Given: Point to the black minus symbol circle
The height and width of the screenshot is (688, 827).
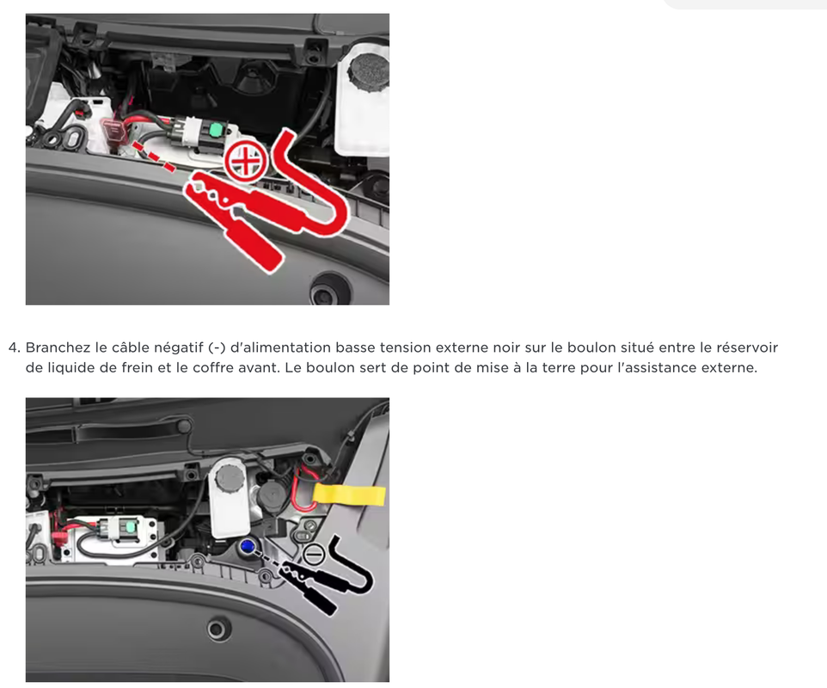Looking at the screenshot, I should pos(314,555).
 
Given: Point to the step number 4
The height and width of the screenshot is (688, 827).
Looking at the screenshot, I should pos(13,348).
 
